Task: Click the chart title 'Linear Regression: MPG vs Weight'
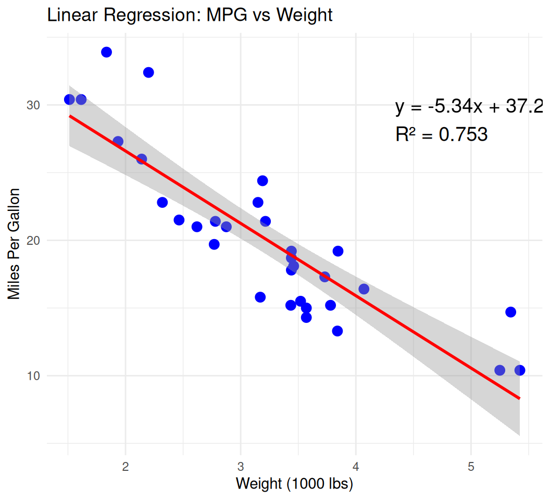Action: pyautogui.click(x=190, y=15)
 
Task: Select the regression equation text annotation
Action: pyautogui.click(x=469, y=107)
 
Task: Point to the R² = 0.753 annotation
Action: pyautogui.click(x=441, y=135)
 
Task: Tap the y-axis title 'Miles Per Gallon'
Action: pyautogui.click(x=15, y=244)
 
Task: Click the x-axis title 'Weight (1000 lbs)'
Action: pyautogui.click(x=294, y=484)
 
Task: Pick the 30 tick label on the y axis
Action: pyautogui.click(x=33, y=105)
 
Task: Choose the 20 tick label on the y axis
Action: pyautogui.click(x=33, y=241)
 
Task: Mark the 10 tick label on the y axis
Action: pyautogui.click(x=33, y=376)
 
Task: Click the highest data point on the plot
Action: pyautogui.click(x=107, y=52)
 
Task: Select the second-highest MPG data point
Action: pyautogui.click(x=148, y=72)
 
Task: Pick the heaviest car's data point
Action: pyautogui.click(x=520, y=370)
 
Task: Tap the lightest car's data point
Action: pyautogui.click(x=69, y=99)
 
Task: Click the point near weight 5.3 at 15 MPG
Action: pyautogui.click(x=510, y=312)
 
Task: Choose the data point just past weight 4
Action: pyautogui.click(x=364, y=289)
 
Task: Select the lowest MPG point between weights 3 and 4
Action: pyautogui.click(x=337, y=331)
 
